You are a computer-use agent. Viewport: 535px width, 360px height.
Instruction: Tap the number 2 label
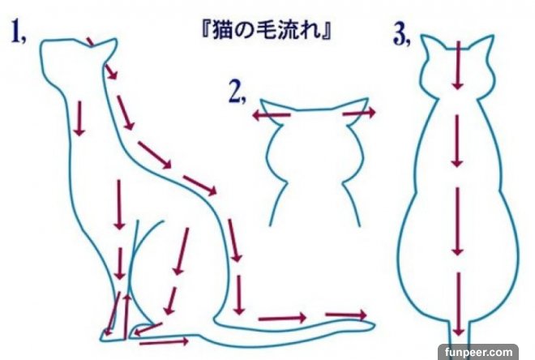[237, 92]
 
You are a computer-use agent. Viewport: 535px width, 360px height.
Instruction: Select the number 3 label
[402, 35]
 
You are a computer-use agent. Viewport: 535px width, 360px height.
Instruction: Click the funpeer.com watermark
[479, 351]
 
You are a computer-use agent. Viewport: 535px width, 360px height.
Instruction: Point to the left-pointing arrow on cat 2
[272, 115]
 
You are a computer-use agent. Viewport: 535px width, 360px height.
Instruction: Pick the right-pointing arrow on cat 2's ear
[359, 112]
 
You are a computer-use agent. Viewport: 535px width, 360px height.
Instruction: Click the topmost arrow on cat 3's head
[458, 65]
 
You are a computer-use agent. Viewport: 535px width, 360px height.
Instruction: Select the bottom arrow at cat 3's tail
[458, 304]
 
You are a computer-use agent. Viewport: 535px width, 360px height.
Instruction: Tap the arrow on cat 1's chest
[79, 118]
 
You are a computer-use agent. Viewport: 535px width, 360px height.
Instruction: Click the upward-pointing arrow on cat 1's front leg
[127, 317]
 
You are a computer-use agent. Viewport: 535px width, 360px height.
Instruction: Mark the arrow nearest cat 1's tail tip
[345, 315]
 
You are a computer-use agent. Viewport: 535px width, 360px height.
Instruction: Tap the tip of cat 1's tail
[374, 325]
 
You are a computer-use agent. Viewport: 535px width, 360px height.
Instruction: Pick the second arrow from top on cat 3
[457, 141]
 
